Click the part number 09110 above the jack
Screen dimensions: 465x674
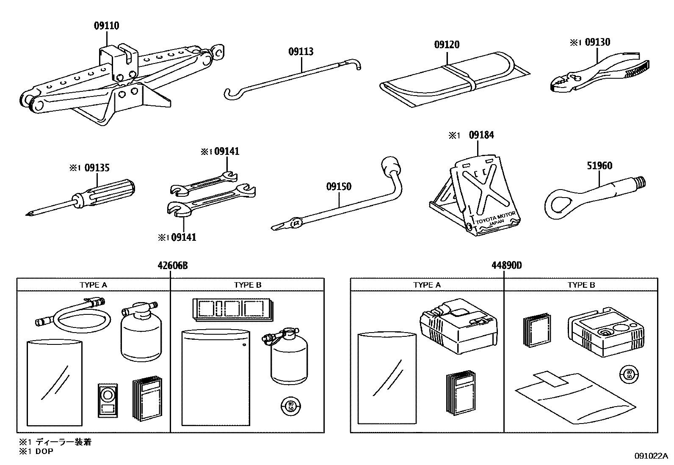[x=106, y=26]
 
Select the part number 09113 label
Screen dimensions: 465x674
[x=301, y=52]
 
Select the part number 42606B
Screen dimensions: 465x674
[x=172, y=266]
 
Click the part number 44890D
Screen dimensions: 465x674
[x=506, y=266]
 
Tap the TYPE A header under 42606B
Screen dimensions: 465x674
[x=94, y=285]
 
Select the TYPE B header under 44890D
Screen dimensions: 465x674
[x=581, y=285]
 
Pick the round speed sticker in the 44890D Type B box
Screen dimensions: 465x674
[x=628, y=374]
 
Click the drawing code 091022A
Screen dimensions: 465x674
[x=651, y=456]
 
